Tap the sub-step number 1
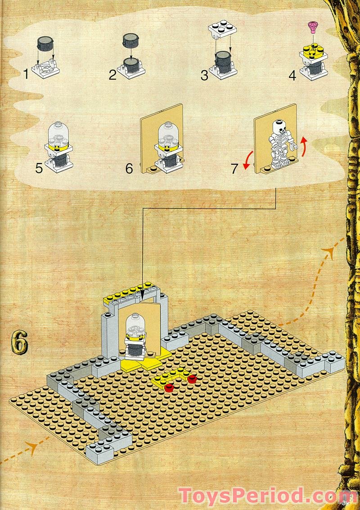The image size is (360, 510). point(26,73)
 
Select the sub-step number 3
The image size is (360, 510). point(205,75)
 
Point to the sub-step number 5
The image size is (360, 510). point(39,169)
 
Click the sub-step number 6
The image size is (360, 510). point(129,169)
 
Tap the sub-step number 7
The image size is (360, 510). point(234,169)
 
